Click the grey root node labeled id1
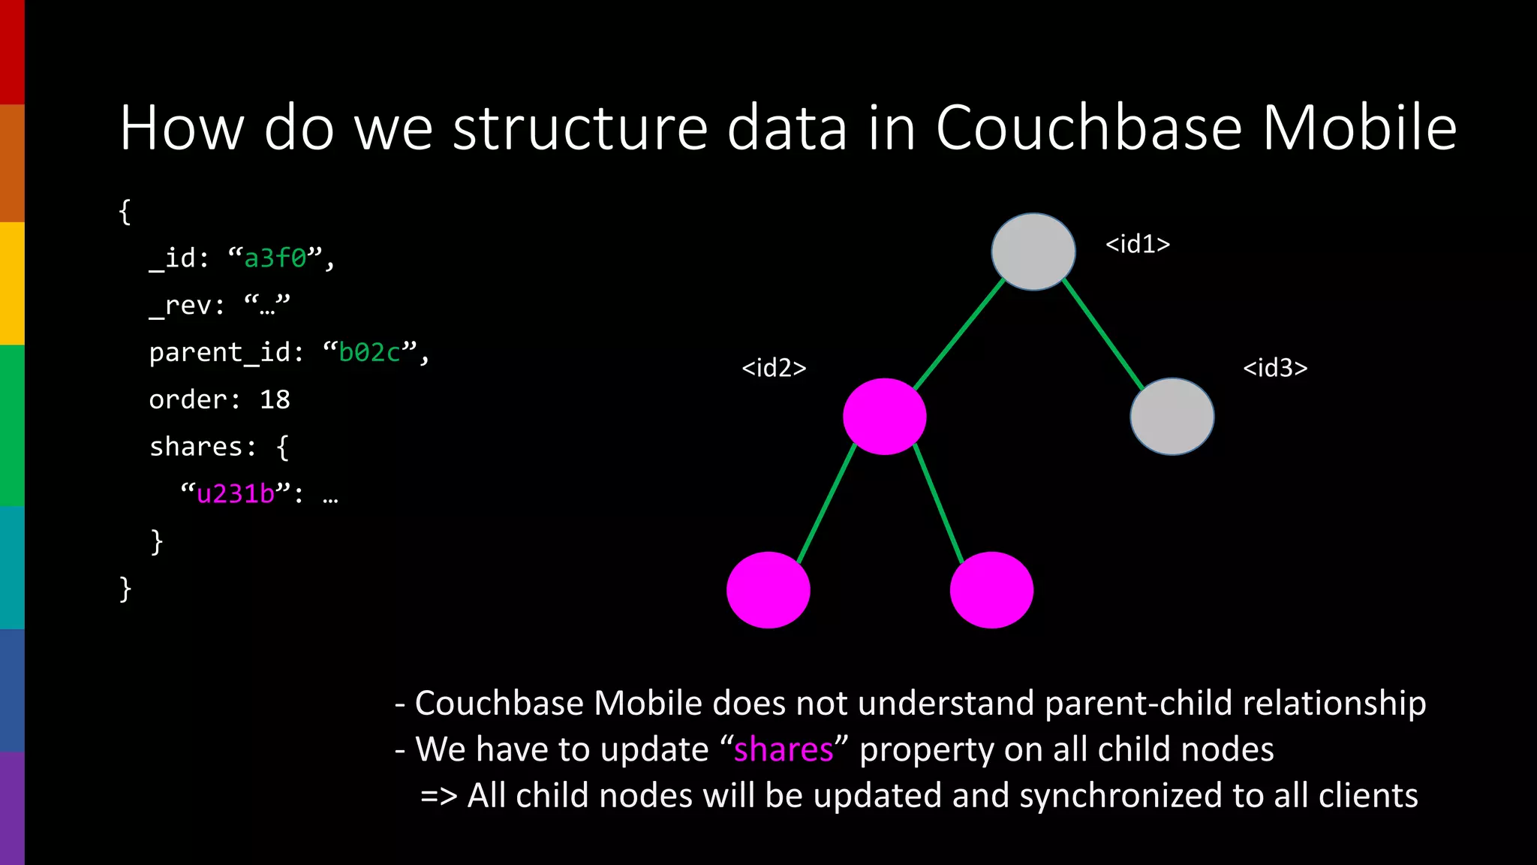click(x=1033, y=252)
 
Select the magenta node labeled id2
click(x=884, y=417)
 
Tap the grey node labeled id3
click(x=1172, y=417)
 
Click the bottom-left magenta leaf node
click(x=768, y=590)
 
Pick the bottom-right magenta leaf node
click(x=991, y=590)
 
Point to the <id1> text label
click(x=1137, y=244)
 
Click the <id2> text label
click(x=774, y=368)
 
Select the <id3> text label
click(x=1275, y=368)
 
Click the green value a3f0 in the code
click(x=275, y=258)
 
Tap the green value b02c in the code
click(x=370, y=352)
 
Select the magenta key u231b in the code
click(x=236, y=493)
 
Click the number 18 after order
click(x=275, y=399)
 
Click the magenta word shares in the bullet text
click(x=783, y=749)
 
